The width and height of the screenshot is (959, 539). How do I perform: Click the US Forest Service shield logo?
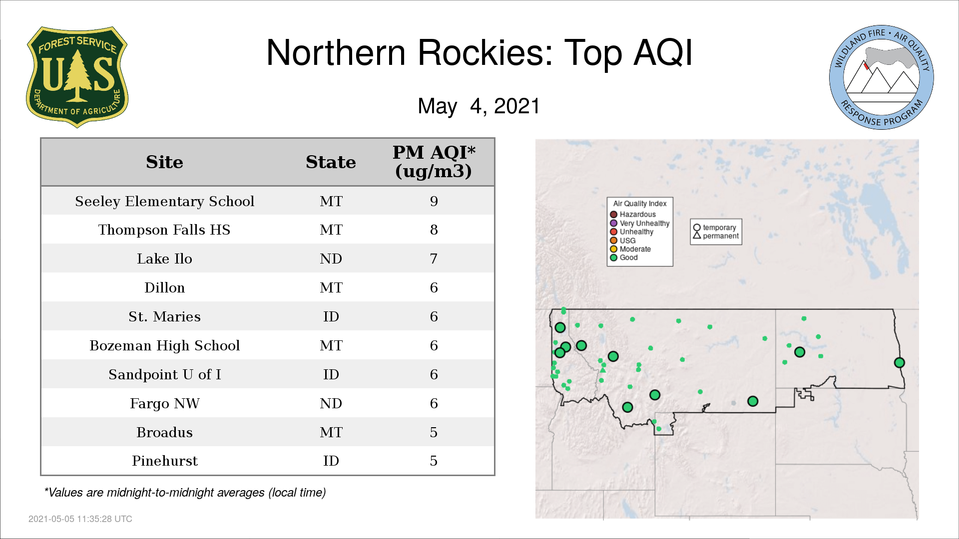coord(77,77)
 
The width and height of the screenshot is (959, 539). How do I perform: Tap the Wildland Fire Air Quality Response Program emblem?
coord(882,77)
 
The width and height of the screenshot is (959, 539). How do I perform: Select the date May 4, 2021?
coord(479,106)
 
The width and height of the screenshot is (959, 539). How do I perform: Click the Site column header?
coord(164,162)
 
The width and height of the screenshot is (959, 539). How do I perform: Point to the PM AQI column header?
coord(434,162)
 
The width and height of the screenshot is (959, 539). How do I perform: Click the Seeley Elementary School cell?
coord(165,201)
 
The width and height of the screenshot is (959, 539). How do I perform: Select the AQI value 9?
coord(434,201)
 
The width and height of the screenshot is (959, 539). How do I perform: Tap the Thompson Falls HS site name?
coord(164,230)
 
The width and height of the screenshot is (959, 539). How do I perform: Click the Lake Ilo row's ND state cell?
coord(331,259)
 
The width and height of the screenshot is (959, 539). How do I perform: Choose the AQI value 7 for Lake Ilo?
coord(434,259)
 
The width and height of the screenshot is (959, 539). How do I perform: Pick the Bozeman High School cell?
coord(165,345)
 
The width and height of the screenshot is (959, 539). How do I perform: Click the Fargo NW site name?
coord(165,403)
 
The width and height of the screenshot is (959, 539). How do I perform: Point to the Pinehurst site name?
coord(165,461)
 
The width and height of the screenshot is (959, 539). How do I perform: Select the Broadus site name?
coord(165,432)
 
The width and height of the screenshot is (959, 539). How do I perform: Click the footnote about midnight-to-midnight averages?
coord(185,493)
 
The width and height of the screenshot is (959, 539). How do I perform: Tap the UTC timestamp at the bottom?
coord(80,519)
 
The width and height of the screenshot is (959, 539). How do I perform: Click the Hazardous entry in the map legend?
coord(633,215)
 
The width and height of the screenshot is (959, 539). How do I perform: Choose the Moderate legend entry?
coord(630,249)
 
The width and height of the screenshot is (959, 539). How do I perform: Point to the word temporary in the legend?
coord(719,228)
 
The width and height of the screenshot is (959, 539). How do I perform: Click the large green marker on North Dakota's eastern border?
coord(900,363)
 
